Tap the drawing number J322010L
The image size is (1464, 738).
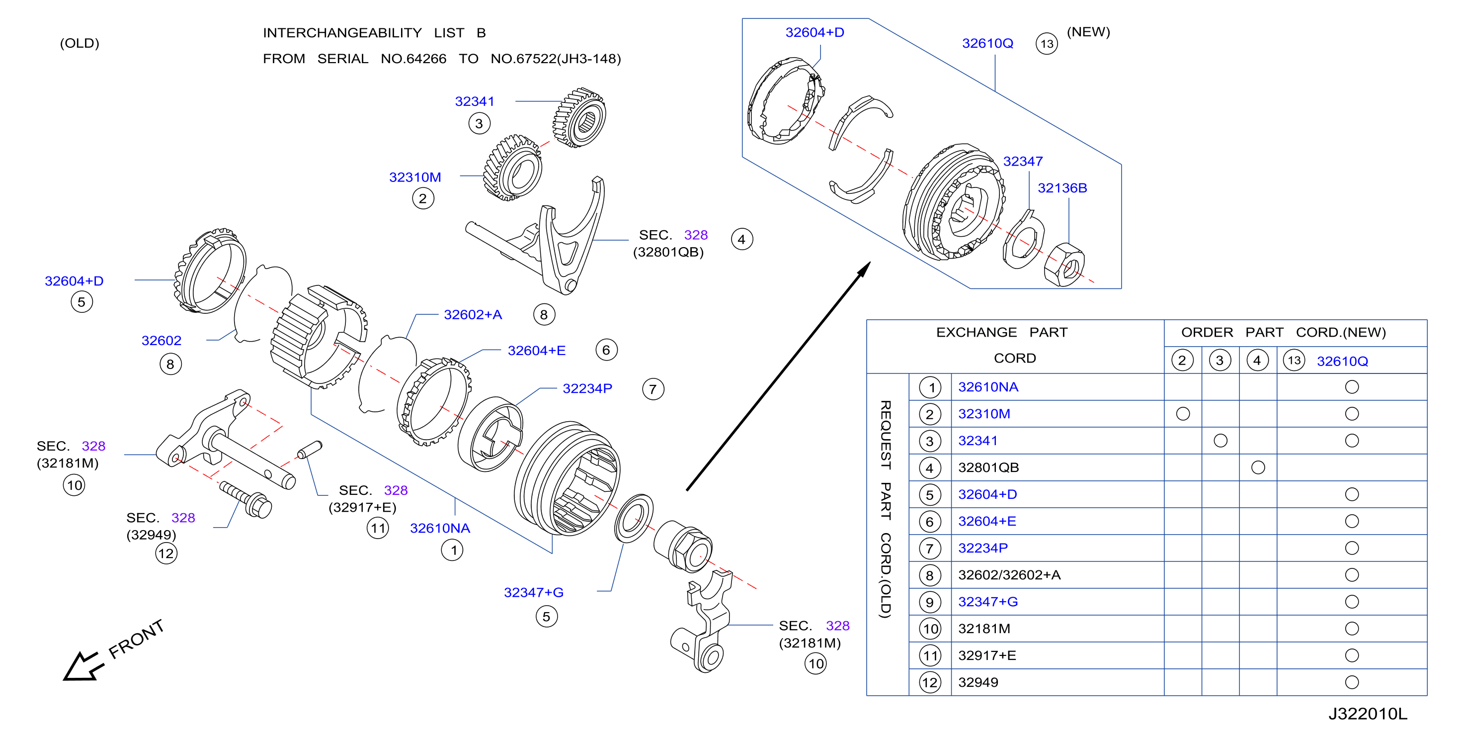1368,714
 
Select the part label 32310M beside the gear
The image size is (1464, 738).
415,177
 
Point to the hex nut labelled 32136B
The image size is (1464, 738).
1064,265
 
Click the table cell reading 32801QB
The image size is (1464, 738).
988,467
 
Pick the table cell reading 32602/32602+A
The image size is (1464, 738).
1009,575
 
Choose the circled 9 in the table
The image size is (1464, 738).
930,602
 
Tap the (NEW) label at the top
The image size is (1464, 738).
1088,32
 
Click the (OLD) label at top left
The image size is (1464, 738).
80,43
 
